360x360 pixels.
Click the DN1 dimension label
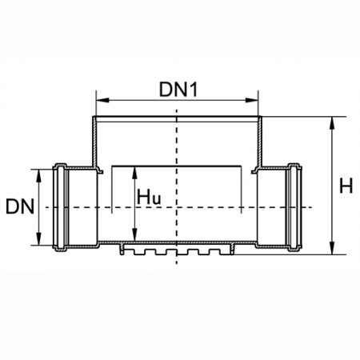(178, 90)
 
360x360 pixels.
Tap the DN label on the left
(20, 206)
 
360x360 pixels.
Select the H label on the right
(346, 186)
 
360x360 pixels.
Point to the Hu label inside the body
(149, 198)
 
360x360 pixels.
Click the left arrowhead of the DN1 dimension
(102, 100)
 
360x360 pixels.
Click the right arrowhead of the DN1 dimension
(252, 100)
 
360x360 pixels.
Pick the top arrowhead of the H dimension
(332, 123)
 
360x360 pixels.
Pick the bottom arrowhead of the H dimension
(332, 248)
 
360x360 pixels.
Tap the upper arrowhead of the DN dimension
(39, 176)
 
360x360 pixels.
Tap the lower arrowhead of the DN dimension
(39, 238)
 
